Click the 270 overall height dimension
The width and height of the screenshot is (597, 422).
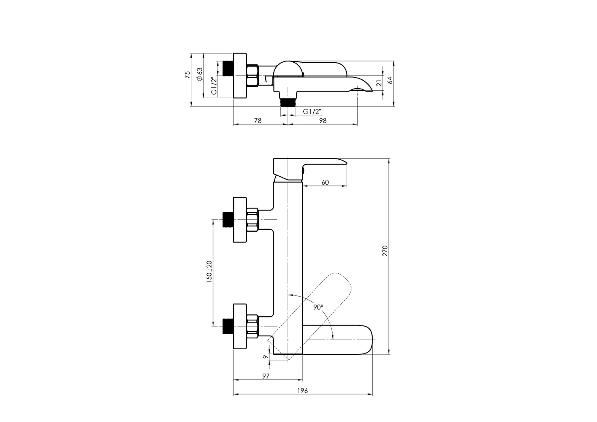point(385,251)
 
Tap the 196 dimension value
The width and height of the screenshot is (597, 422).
point(302,391)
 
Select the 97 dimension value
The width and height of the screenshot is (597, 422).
point(266,376)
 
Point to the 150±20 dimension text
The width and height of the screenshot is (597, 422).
point(209,272)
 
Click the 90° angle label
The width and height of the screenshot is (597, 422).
point(318,307)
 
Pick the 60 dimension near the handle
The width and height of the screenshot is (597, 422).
point(325,182)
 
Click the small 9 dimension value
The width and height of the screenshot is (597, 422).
point(265,357)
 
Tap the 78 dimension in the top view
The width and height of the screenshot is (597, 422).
point(258,121)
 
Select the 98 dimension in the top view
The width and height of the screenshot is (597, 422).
point(323,121)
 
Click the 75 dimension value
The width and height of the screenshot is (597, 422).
point(188,75)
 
